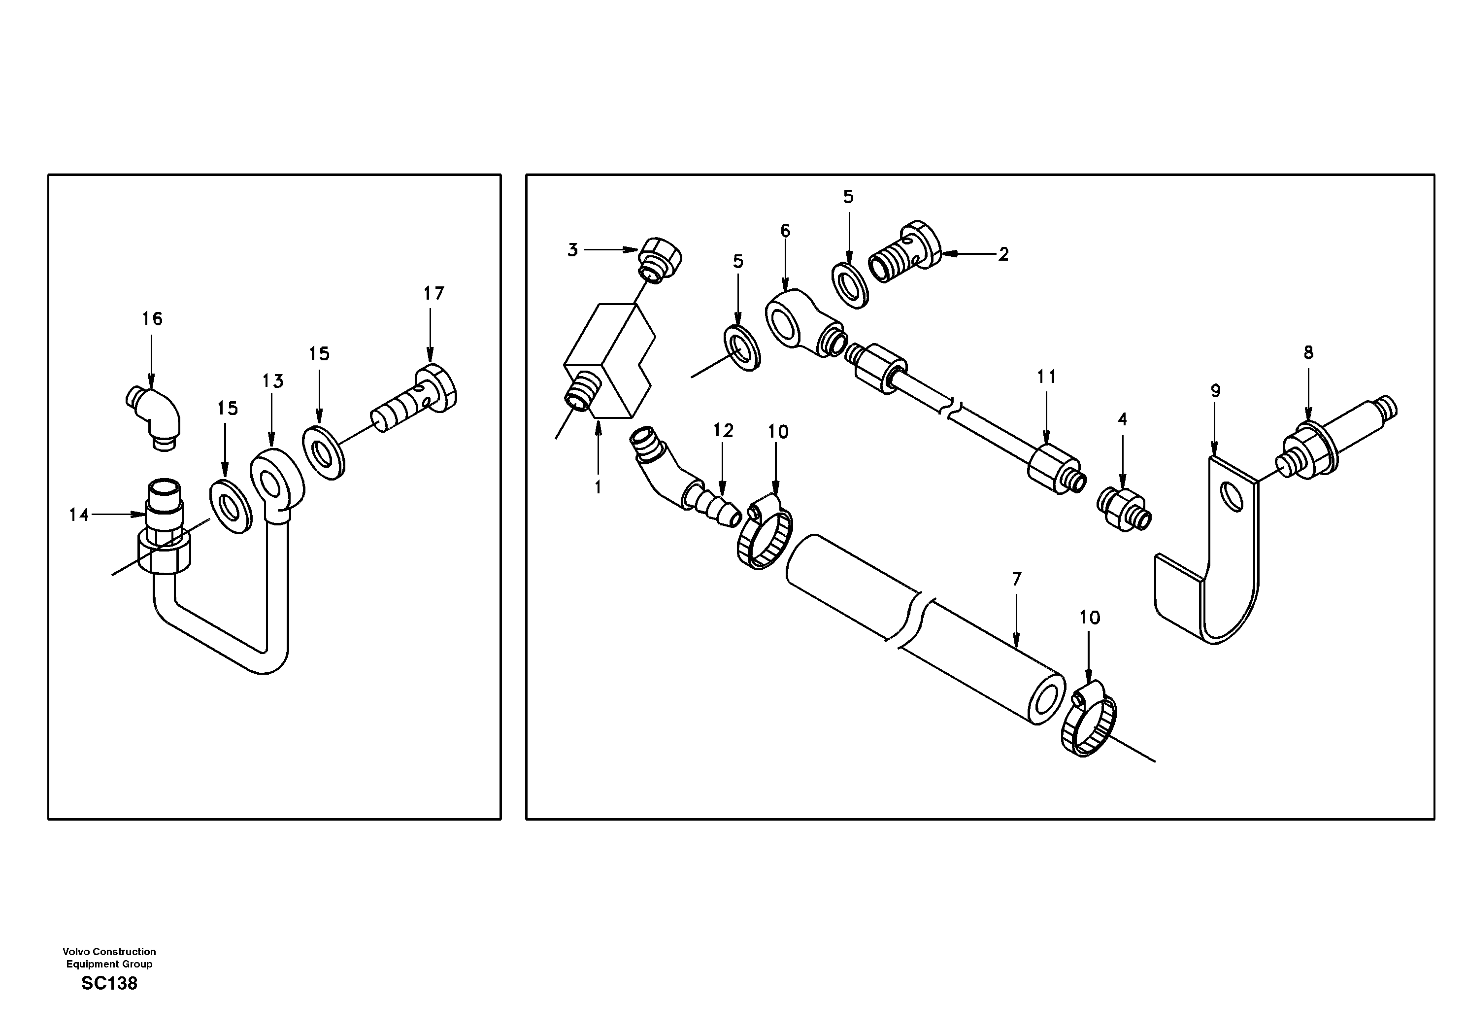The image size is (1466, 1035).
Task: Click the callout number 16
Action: pos(152,318)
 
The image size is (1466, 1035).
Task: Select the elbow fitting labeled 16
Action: pos(155,416)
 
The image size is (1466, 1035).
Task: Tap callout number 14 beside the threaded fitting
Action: pos(79,515)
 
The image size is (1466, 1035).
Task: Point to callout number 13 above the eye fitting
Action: pos(272,381)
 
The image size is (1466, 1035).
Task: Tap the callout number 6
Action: pos(785,231)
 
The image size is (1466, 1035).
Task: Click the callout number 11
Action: pos(1046,377)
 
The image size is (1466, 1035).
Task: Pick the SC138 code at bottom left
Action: pos(109,983)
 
